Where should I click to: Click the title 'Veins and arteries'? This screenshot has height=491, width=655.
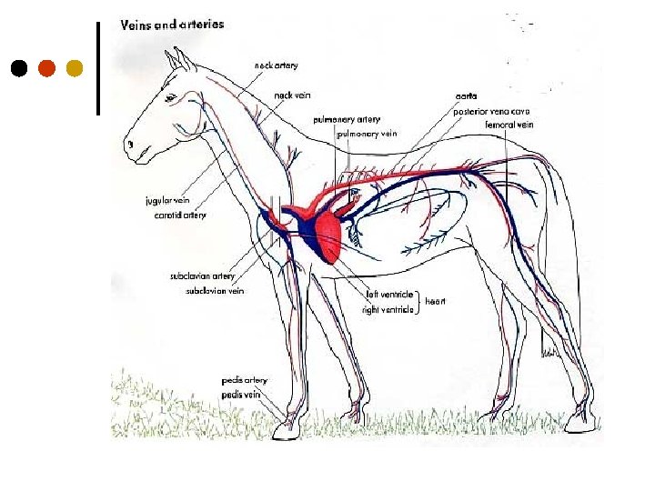pos(172,25)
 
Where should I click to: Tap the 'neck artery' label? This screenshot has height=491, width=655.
pos(276,65)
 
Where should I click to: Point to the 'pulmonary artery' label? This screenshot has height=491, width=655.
pos(347,119)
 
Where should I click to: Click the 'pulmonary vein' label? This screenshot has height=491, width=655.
pos(368,134)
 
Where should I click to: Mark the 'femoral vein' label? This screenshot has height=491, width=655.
pos(509,125)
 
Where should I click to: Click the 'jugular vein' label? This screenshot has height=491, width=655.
pos(167,201)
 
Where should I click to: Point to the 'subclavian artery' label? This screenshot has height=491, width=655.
pos(202,276)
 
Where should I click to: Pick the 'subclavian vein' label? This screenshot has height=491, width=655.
pos(215,291)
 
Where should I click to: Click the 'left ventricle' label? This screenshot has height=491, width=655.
pos(389,295)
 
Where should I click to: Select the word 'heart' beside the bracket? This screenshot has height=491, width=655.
pos(436,300)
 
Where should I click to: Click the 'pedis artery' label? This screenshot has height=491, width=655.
pos(244,380)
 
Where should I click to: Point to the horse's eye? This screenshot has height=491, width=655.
pos(169,96)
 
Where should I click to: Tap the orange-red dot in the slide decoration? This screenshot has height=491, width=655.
pos(46,68)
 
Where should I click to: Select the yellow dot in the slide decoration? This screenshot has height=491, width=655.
pos(75,68)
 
